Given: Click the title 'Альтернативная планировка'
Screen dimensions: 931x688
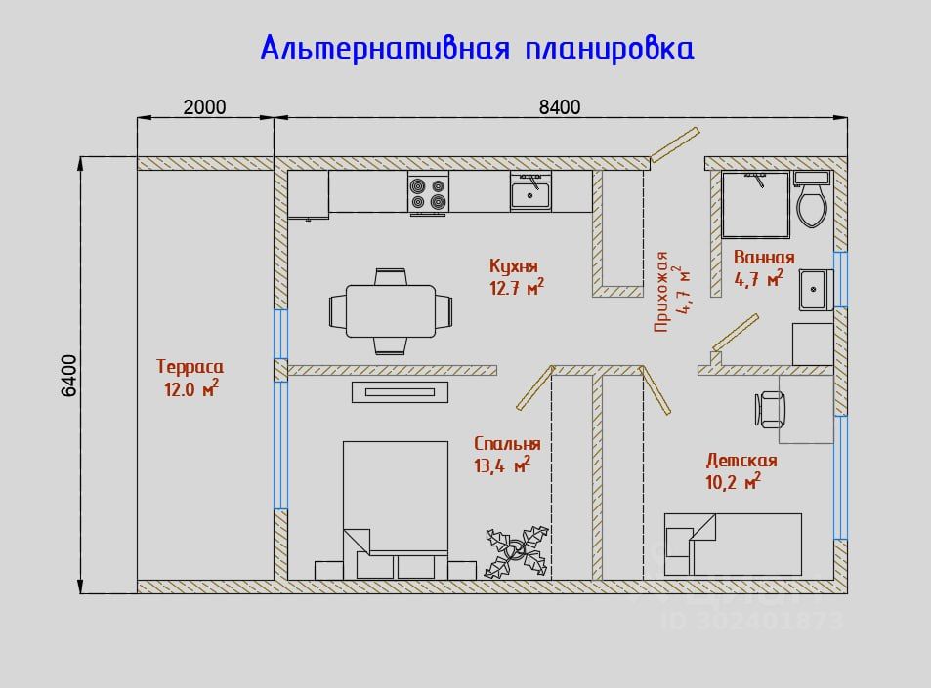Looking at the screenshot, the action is coord(477,48).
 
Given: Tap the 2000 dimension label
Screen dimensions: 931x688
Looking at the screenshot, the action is coord(204,107).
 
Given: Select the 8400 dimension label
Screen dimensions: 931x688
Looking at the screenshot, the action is coord(560,107).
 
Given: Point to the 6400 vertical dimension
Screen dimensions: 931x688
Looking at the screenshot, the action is coord(69,375).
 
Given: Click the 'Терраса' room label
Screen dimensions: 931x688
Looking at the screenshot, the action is coord(190,367).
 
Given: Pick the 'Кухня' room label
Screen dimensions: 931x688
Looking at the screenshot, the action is coord(514,265).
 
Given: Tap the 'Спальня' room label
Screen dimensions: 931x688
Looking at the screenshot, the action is coord(507,444).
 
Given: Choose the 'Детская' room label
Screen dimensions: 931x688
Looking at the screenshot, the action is coord(741,461).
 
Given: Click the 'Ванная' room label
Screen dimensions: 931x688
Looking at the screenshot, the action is coord(764,258).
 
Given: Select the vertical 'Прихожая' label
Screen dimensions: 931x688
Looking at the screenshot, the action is coord(662,291).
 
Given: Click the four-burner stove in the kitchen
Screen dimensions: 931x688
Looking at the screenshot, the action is coord(428,193).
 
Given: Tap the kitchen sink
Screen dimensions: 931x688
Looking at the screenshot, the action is coord(530,191).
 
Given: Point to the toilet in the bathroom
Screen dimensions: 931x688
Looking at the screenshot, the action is coord(812,203).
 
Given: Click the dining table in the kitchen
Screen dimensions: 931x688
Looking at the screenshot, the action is coord(391,310).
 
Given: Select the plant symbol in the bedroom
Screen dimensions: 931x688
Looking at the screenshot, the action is coord(517,551).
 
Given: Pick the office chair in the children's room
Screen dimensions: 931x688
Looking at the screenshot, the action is coord(771,409).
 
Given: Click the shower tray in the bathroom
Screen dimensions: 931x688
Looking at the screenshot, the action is coord(754,204).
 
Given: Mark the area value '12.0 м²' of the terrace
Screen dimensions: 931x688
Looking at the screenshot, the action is coord(190,388).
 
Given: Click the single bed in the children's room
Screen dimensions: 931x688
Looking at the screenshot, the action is coord(733,544).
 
